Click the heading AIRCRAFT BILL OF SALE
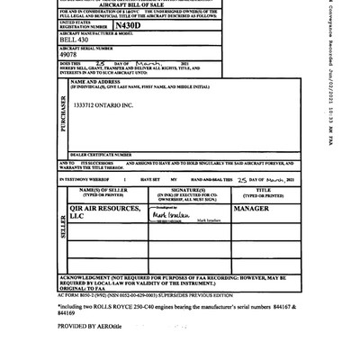(131, 4)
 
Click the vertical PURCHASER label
(63, 115)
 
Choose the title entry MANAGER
(251, 208)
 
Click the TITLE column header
(263, 193)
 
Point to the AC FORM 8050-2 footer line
(144, 295)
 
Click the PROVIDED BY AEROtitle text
(89, 326)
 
